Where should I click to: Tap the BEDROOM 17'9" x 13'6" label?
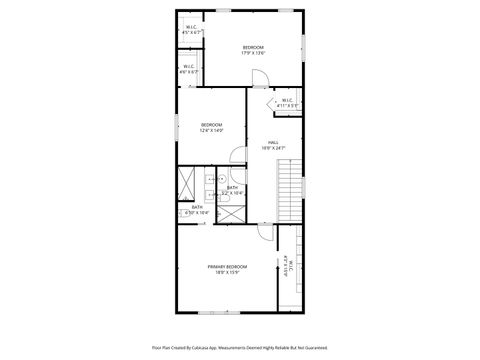[x=253, y=50]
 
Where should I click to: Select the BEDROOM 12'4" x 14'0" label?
[x=211, y=127]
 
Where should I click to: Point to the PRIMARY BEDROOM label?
[x=227, y=269]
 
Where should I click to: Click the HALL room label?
[x=268, y=145]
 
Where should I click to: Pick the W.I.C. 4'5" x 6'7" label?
[x=192, y=30]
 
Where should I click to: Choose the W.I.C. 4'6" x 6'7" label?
[x=189, y=70]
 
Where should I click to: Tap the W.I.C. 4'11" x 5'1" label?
[x=286, y=102]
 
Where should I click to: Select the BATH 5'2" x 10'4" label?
[x=232, y=190]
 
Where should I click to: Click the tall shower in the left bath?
[x=187, y=185]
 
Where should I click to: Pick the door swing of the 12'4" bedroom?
[x=238, y=155]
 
